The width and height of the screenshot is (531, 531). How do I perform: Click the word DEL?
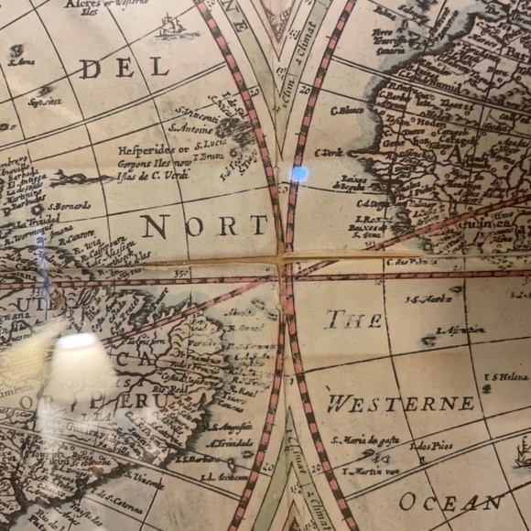pyautogui.click(x=124, y=68)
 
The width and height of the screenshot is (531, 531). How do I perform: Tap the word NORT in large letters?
pyautogui.click(x=205, y=226)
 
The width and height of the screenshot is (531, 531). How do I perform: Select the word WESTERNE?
pyautogui.click(x=401, y=404)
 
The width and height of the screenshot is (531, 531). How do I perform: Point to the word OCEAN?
pyautogui.click(x=451, y=502)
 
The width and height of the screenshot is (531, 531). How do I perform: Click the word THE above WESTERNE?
pyautogui.click(x=354, y=320)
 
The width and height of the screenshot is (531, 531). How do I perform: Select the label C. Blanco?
pyautogui.click(x=347, y=111)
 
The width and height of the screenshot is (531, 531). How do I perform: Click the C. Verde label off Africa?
pyautogui.click(x=329, y=153)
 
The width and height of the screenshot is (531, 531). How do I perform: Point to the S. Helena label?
pyautogui.click(x=511, y=377)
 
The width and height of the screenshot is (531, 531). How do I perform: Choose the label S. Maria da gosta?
pyautogui.click(x=363, y=439)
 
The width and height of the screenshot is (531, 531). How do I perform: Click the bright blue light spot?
pyautogui.click(x=298, y=172)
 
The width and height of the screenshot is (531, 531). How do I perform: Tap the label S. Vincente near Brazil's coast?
pyautogui.click(x=146, y=479)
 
